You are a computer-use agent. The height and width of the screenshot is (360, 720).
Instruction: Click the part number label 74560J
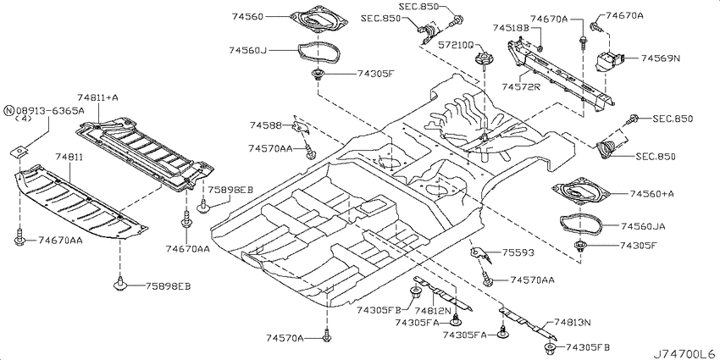(248, 50)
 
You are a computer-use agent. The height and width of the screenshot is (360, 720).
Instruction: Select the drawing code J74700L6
(685, 354)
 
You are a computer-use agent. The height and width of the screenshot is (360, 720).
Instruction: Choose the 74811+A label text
(97, 97)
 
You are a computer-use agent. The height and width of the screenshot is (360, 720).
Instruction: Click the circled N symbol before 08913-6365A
(8, 111)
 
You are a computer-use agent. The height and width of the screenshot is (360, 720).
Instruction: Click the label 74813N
(572, 323)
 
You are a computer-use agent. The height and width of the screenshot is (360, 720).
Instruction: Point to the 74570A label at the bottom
(285, 339)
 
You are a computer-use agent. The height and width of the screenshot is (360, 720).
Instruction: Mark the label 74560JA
(643, 226)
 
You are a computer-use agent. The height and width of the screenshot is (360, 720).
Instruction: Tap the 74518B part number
(512, 28)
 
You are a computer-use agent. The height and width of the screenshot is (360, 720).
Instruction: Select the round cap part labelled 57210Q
(483, 58)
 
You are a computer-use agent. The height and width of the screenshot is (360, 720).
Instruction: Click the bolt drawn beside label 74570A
(327, 336)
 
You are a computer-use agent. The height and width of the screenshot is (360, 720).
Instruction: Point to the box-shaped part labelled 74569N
(609, 62)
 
